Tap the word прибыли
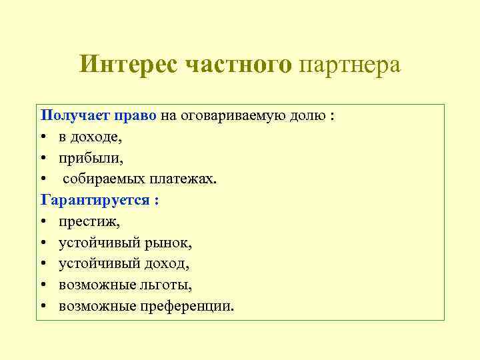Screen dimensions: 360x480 [x=91, y=158]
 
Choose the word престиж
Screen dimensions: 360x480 [x=89, y=221]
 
